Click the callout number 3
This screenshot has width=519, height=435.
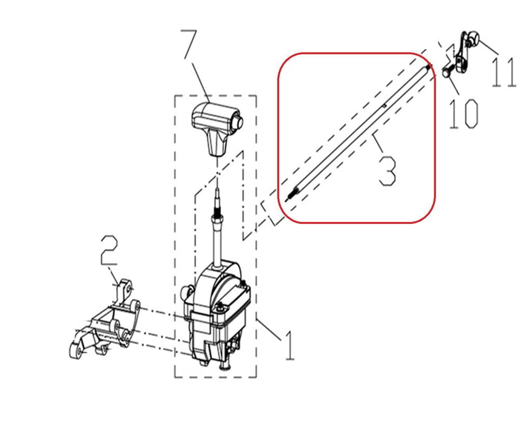pos(387,171)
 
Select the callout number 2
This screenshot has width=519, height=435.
pos(109,250)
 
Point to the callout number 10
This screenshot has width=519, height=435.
pos(463,114)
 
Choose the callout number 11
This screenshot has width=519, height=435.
pos(503,72)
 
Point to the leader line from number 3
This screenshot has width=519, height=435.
pos(378,142)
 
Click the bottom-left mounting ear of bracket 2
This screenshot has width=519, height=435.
pos(77,350)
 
